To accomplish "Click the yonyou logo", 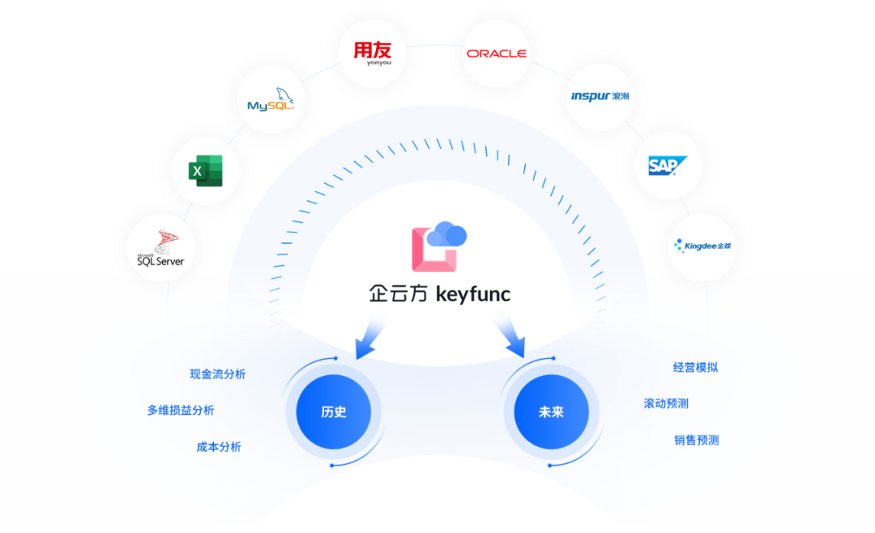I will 372,54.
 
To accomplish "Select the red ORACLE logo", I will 496,53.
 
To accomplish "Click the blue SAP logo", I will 667,166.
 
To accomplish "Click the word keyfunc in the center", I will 473,294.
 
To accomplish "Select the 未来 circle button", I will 550,411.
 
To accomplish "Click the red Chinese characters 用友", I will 372,50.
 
